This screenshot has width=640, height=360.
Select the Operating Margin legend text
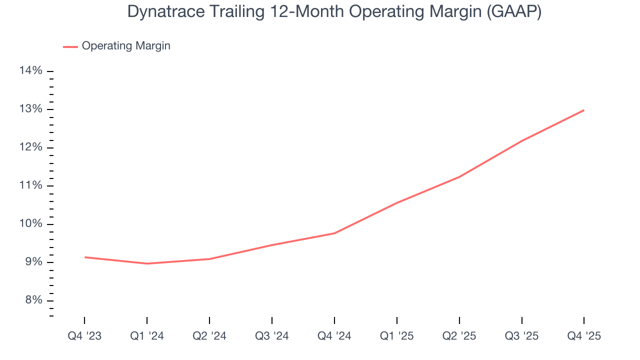[x=126, y=46]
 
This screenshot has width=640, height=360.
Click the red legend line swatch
[x=70, y=46]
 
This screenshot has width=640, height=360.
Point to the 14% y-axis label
[x=30, y=71]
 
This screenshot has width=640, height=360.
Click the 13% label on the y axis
[x=30, y=109]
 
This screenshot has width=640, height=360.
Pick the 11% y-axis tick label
[x=30, y=186]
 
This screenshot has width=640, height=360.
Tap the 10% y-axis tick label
[x=30, y=224]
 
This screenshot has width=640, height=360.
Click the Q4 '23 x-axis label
[x=84, y=336]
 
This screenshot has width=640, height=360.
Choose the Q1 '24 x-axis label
[x=147, y=336]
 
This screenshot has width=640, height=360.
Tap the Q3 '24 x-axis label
[x=271, y=336]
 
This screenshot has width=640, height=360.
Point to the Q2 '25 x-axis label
[x=459, y=336]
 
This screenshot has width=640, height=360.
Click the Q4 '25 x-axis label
[x=584, y=336]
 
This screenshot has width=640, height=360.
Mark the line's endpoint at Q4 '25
[x=584, y=110]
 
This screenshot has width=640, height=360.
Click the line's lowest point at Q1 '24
[x=147, y=263]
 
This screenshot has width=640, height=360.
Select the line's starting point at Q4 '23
[x=84, y=257]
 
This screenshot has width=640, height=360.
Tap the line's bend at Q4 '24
[x=334, y=233]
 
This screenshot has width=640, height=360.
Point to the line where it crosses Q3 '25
[x=521, y=141]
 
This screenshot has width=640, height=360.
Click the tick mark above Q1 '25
[x=396, y=320]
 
